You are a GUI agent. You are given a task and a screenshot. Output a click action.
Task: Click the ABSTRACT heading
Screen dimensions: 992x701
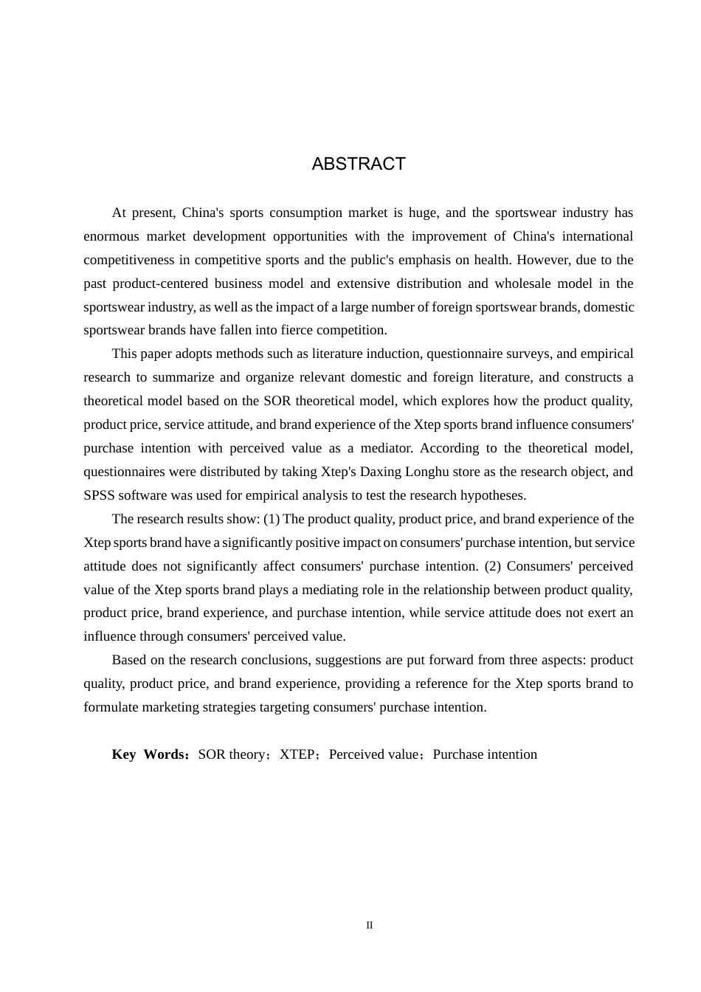point(359,164)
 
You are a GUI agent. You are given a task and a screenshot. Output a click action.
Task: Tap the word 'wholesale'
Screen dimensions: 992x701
point(523,283)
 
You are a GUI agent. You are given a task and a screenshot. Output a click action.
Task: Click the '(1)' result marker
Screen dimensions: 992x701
point(272,519)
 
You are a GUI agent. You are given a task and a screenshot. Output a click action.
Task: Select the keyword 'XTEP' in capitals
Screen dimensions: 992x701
point(297,754)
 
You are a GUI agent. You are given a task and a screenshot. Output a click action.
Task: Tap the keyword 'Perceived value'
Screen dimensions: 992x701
point(373,754)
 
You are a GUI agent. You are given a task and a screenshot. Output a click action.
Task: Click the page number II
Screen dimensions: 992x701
point(370,926)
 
